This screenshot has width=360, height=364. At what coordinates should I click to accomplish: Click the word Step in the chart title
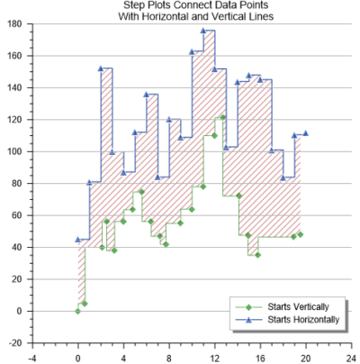[x=136, y=5]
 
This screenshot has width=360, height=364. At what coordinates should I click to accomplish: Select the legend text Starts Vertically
[x=304, y=306]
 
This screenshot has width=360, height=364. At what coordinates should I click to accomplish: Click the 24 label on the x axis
[x=351, y=355]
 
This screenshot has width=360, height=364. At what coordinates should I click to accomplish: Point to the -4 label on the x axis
[x=32, y=355]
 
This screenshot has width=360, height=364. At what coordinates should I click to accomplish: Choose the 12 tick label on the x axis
[x=214, y=355]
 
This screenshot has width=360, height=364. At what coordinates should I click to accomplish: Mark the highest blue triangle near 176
[x=202, y=31]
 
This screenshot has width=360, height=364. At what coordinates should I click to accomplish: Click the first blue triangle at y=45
[x=77, y=239]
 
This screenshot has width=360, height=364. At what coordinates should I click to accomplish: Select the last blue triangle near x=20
[x=305, y=132]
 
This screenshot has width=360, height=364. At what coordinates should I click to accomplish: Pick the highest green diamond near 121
[x=222, y=117]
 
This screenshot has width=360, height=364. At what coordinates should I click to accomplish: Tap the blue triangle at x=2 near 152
[x=101, y=68]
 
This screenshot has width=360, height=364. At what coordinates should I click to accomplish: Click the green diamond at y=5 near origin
[x=84, y=303]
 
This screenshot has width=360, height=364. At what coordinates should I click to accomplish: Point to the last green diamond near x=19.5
[x=300, y=234]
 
